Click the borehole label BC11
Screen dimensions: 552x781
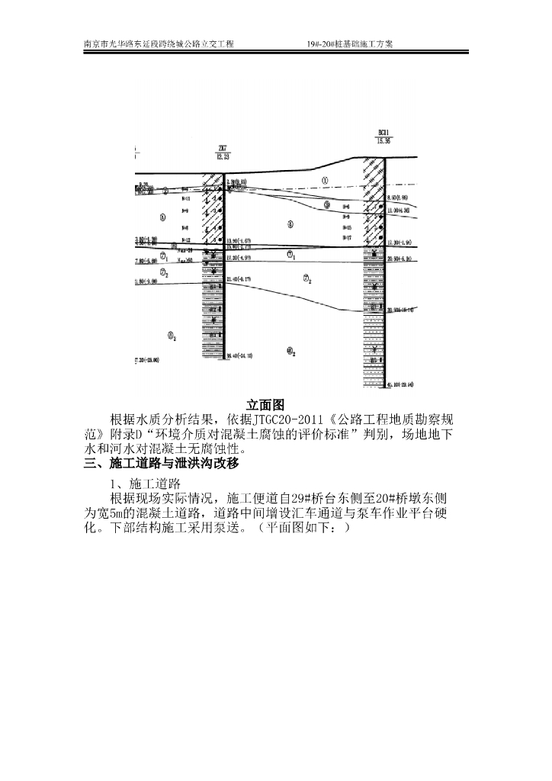point(383,133)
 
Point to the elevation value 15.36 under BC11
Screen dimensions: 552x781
point(384,141)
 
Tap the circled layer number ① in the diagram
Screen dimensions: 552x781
point(325,181)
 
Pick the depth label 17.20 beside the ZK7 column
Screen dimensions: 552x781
point(239,259)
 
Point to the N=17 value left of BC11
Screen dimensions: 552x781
point(348,239)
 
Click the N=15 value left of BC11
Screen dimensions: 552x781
point(348,228)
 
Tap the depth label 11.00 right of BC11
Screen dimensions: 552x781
point(401,209)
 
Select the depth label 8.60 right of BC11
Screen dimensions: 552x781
point(401,198)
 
